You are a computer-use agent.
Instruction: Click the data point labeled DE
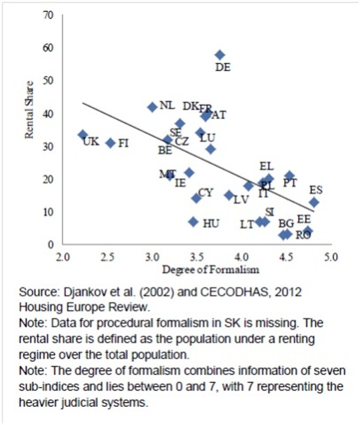(220, 55)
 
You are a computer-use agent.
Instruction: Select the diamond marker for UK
(83, 135)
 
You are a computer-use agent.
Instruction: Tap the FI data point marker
(110, 143)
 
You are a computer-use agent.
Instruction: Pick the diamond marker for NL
(152, 107)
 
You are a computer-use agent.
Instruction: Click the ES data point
(314, 202)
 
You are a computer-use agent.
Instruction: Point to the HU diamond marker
(193, 222)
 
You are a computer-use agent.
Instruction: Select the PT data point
(289, 175)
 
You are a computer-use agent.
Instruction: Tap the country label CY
(205, 192)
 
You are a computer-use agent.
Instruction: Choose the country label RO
(303, 235)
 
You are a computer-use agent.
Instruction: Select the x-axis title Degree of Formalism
(211, 269)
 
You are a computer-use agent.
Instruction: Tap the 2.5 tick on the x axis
(107, 257)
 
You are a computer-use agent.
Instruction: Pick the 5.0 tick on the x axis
(331, 257)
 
